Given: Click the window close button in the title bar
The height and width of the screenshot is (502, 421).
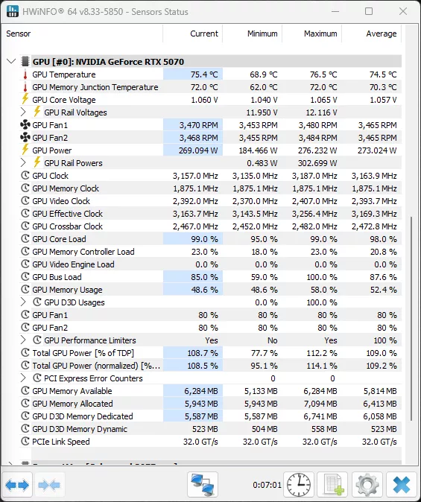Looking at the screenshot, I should click(x=403, y=12).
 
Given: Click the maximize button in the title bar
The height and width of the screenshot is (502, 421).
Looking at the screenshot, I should click(x=369, y=12).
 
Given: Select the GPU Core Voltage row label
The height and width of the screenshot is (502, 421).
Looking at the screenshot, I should click(x=63, y=100).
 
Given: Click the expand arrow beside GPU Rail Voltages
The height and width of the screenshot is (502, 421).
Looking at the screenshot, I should click(x=24, y=112).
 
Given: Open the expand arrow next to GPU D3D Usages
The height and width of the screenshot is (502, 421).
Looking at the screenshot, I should click(x=24, y=302).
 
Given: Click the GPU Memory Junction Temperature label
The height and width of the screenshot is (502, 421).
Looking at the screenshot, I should click(x=95, y=87).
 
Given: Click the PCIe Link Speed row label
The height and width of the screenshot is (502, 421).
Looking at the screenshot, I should click(x=60, y=442).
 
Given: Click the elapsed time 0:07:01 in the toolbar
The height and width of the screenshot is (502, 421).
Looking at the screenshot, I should click(x=265, y=485).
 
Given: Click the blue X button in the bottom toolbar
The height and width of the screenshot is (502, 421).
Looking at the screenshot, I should click(x=401, y=485).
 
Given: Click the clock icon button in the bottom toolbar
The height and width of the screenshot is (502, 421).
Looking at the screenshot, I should click(x=298, y=485).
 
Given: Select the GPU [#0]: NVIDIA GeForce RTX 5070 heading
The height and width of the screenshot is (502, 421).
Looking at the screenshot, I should click(x=108, y=62).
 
